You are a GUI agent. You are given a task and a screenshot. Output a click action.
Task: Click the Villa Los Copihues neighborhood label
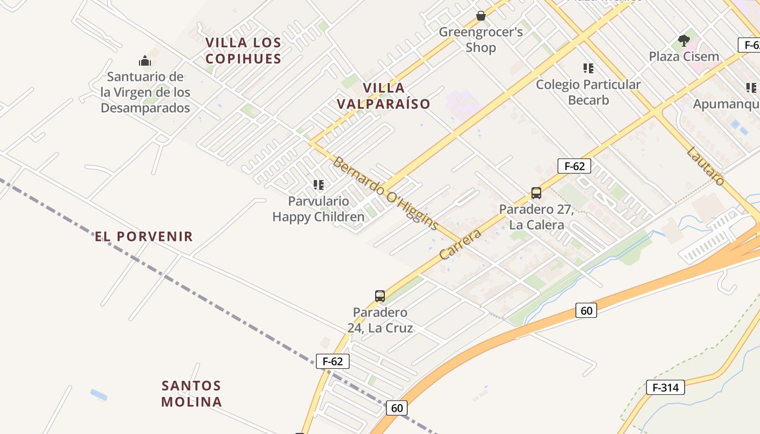[243, 50]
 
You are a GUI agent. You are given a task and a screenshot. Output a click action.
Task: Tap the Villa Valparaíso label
[383, 95]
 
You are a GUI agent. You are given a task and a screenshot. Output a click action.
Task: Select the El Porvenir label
[144, 237]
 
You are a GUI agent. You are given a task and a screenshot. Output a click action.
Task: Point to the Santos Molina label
[192, 394]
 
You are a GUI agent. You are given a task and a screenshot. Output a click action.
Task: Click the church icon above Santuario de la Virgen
[145, 60]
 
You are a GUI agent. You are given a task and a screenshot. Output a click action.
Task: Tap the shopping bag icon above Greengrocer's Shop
[480, 16]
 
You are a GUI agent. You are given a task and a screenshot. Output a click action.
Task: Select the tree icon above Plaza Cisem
[684, 40]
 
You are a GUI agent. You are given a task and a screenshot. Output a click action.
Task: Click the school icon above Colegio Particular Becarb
[588, 68]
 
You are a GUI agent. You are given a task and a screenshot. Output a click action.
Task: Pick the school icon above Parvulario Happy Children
[318, 185]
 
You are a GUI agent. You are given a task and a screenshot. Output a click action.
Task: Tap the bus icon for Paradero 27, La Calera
[536, 193]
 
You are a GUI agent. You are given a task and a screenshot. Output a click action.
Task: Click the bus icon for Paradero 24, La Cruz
[380, 296]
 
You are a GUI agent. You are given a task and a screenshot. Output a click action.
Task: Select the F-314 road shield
[666, 387]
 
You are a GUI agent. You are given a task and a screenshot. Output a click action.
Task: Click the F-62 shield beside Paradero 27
[574, 166]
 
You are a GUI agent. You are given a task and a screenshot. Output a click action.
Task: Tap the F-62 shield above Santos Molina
[332, 361]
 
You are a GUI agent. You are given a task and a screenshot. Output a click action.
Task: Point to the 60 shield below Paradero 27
[586, 310]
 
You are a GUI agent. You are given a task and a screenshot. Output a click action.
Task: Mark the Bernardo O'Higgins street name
[385, 193]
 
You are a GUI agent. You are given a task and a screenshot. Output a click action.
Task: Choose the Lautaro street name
[705, 166]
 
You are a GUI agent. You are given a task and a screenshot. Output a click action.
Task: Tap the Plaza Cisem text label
[684, 56]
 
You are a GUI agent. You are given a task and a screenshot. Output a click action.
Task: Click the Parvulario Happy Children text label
[318, 209]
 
